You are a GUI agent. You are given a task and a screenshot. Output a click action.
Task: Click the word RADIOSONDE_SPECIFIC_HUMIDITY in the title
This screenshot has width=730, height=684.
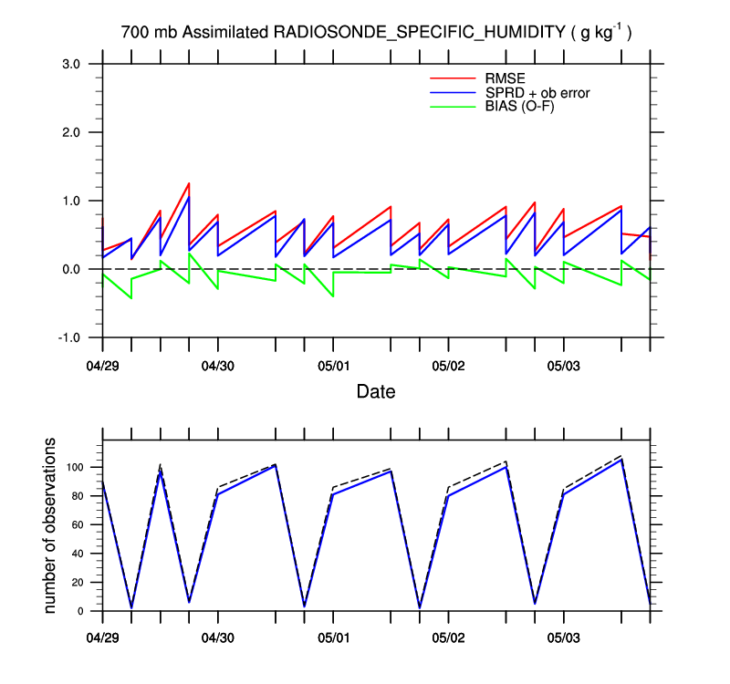click(x=418, y=33)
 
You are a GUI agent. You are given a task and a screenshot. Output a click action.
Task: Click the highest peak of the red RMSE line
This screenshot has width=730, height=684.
click(x=188, y=183)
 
